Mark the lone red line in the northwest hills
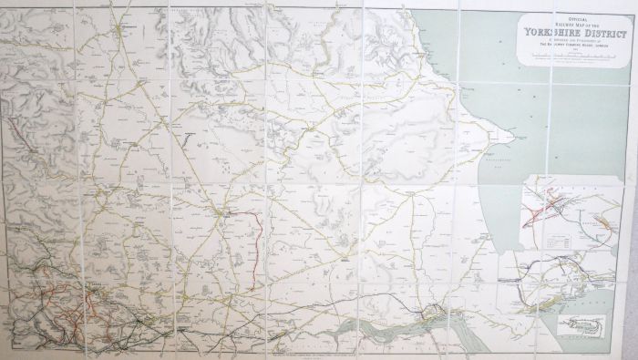click(23, 137)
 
